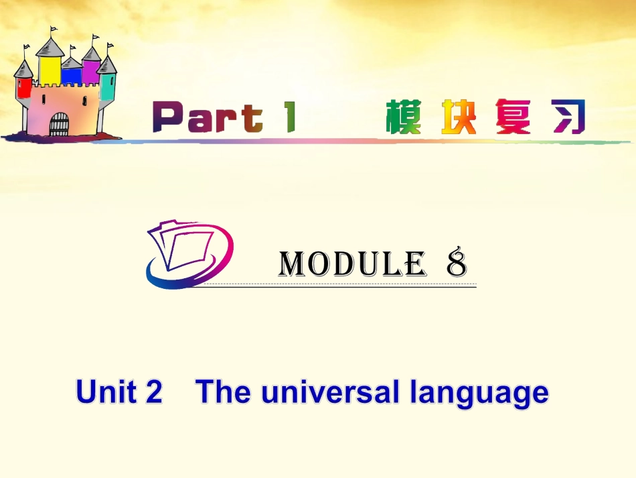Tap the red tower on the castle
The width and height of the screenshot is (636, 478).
click(x=23, y=87)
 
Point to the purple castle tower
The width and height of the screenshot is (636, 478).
click(x=91, y=71)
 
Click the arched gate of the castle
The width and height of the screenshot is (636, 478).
click(x=59, y=124)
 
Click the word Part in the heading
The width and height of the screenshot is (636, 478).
click(x=208, y=119)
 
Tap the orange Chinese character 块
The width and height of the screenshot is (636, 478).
click(x=459, y=117)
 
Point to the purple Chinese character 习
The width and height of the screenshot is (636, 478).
click(x=570, y=117)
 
